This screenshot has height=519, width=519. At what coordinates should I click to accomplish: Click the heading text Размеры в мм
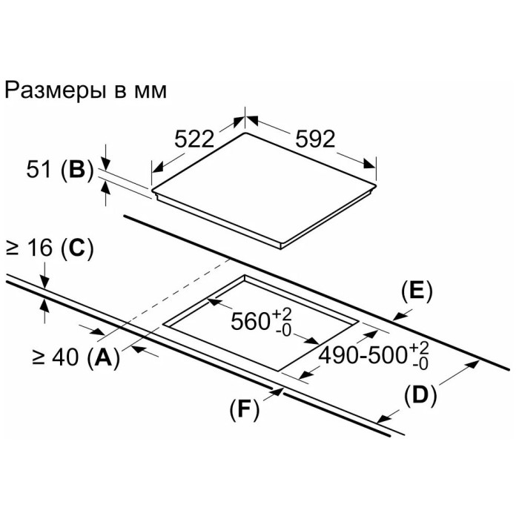coord(86,91)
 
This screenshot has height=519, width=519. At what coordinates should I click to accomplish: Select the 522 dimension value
coord(194,139)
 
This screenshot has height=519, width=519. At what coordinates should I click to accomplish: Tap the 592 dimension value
coord(315,139)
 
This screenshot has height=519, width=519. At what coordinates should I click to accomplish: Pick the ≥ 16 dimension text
coord(30,248)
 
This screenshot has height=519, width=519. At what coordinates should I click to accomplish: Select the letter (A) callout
coord(103,359)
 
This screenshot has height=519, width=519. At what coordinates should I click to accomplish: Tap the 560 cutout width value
coord(249,322)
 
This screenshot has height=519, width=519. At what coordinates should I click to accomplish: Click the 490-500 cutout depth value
coord(362,355)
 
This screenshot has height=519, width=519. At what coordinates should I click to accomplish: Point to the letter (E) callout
coord(416,291)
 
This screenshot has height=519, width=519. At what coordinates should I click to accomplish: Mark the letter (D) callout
coord(420,397)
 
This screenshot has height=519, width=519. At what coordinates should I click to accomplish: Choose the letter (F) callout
coord(245,409)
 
